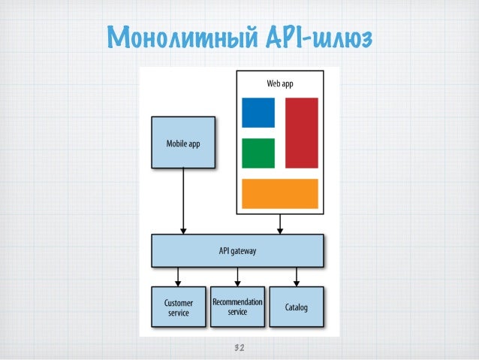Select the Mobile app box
[x=183, y=142]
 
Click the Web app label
[x=279, y=83]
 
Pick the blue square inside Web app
[x=258, y=113]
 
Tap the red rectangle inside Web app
[x=302, y=132]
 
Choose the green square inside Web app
[x=258, y=153]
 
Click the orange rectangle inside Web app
[x=280, y=193]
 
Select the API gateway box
[x=238, y=251]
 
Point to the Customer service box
[x=178, y=307]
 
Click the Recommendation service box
[x=238, y=307]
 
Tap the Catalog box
[x=297, y=307]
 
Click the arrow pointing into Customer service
[x=178, y=277]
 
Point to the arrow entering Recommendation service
[x=238, y=277]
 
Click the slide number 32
[x=240, y=348]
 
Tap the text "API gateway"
[x=237, y=251]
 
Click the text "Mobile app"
[x=183, y=142]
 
